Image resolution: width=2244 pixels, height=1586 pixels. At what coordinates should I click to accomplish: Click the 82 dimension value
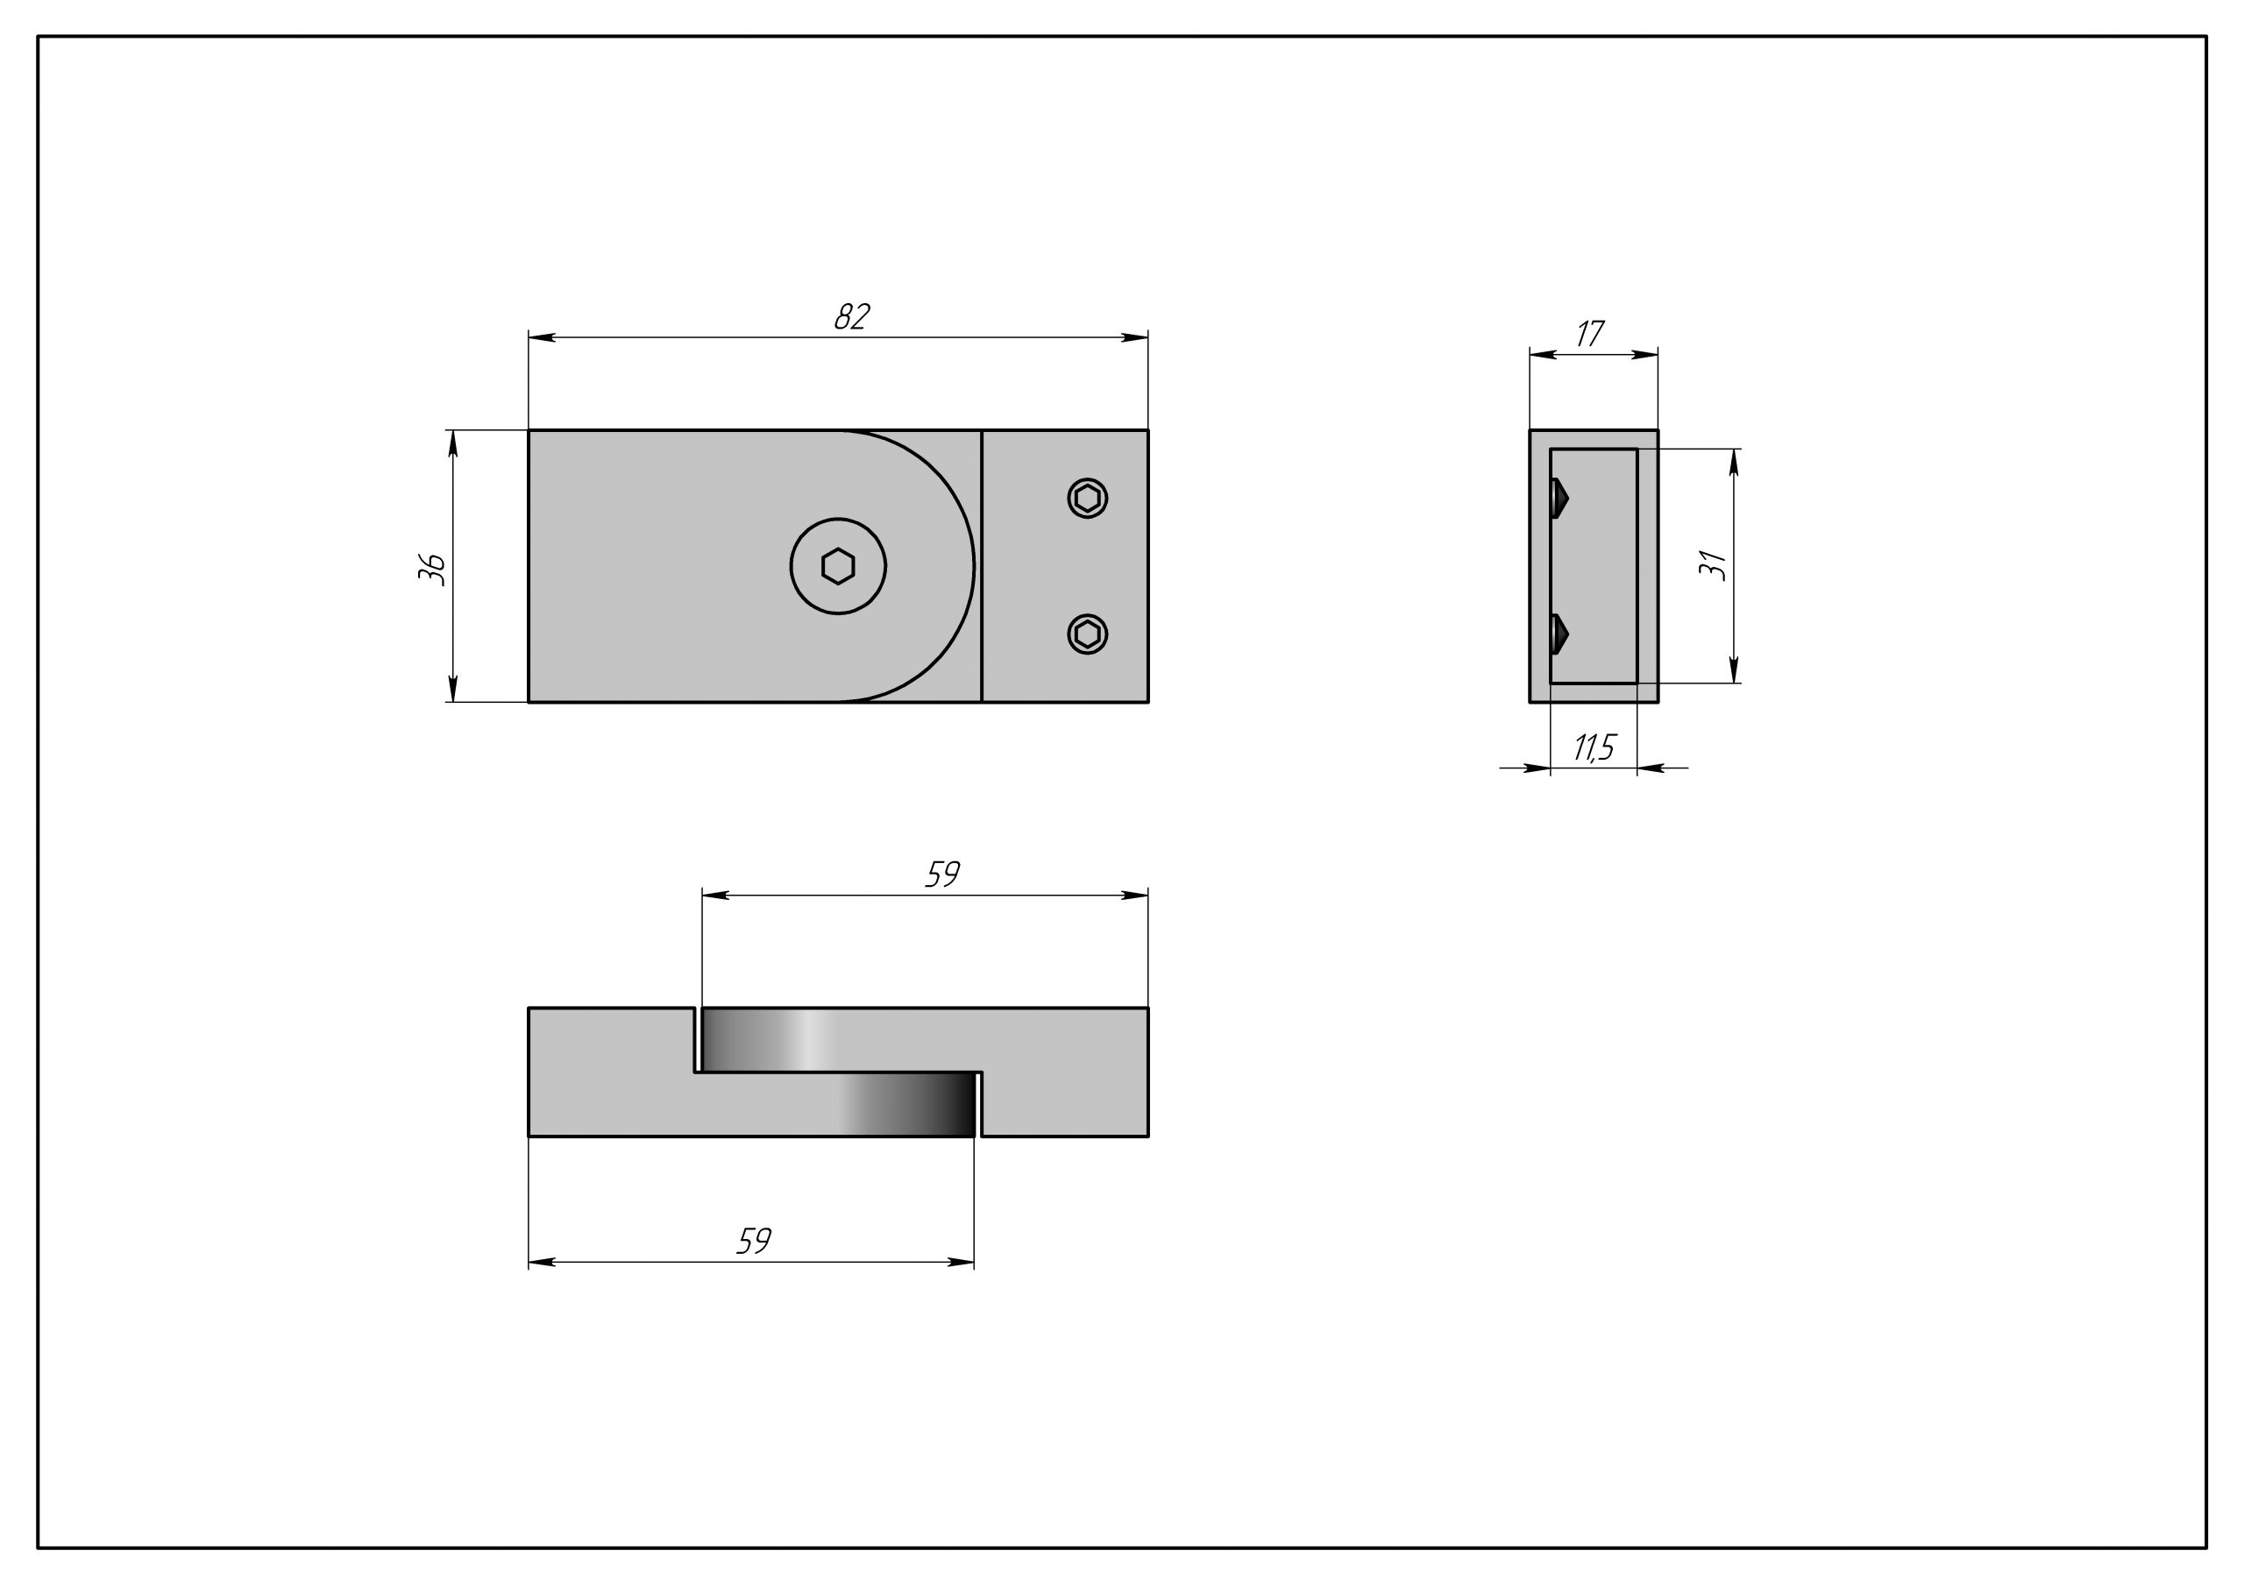pos(852,316)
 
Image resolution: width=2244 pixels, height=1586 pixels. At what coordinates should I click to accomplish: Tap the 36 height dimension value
pos(432,568)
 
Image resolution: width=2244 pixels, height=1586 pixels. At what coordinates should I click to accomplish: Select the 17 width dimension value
pos(1590,334)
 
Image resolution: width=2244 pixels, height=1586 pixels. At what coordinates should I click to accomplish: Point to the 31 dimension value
pos(1712,565)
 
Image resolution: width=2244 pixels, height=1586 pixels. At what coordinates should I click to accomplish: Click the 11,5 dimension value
pos(1594,747)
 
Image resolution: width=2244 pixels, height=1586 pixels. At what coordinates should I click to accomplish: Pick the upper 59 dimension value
pos(942,874)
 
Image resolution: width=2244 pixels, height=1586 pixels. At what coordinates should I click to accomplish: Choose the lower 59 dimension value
pos(754,1241)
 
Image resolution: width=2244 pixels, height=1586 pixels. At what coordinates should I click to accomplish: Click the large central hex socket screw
pos(838,566)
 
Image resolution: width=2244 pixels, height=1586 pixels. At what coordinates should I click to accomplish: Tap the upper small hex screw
pos(1087,499)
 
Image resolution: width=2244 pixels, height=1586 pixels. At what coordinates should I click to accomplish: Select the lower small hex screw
pos(1087,634)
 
